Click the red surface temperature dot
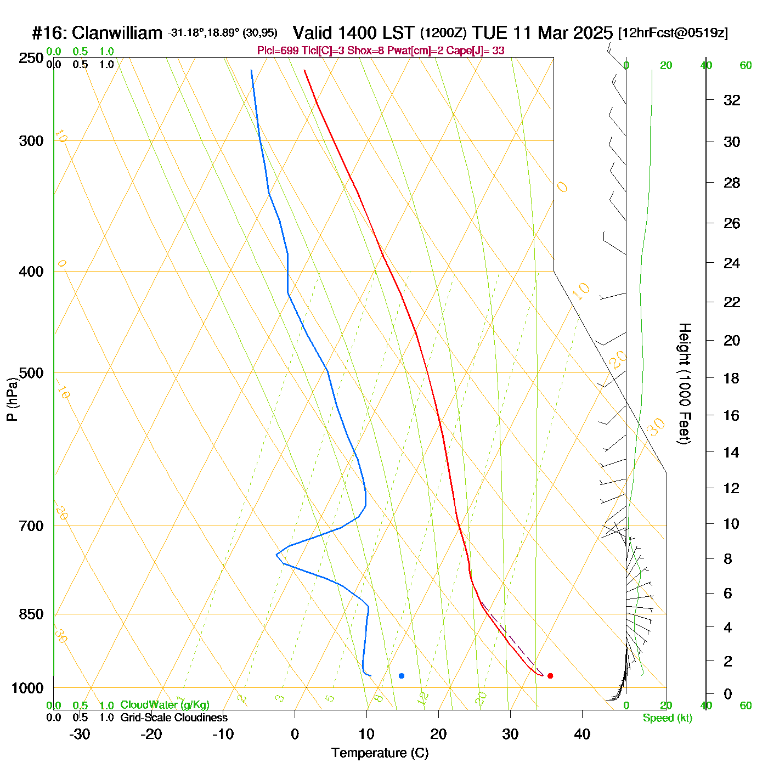click(x=550, y=676)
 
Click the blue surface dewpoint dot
click(x=402, y=676)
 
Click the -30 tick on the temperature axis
click(x=80, y=734)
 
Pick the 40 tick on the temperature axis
click(x=582, y=734)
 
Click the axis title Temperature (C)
click(x=380, y=753)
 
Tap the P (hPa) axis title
click(x=12, y=399)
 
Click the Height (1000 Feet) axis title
click(x=684, y=383)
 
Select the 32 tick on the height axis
click(x=732, y=100)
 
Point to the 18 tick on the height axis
click(x=732, y=378)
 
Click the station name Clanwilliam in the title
click(x=117, y=33)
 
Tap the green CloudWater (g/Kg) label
click(x=165, y=705)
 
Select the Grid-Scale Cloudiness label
click(x=174, y=718)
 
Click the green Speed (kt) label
click(x=668, y=718)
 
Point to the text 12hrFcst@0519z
click(x=673, y=33)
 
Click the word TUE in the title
click(x=490, y=33)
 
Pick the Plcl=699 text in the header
click(x=278, y=51)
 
